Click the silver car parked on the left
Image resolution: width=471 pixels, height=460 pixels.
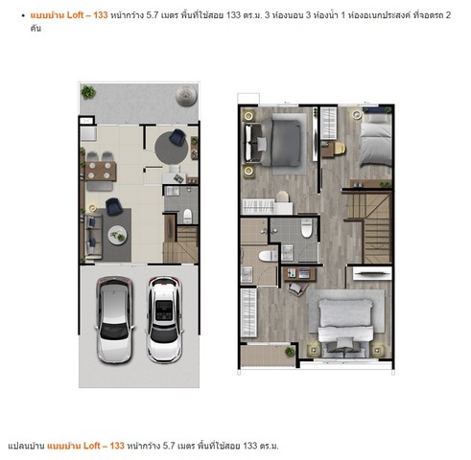pyautogui.click(x=114, y=320)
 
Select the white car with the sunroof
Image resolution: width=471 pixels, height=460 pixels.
pyautogui.click(x=164, y=320)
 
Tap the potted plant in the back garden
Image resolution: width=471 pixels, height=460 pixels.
pyautogui.click(x=88, y=92)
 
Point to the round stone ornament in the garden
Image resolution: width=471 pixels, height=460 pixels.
pyautogui.click(x=186, y=95)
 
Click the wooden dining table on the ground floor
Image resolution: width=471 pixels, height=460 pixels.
pyautogui.click(x=101, y=171)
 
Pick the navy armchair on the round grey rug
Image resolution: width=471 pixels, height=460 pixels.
pyautogui.click(x=177, y=137)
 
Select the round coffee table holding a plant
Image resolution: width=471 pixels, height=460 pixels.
pyautogui.click(x=117, y=235)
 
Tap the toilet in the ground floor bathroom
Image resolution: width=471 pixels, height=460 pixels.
pyautogui.click(x=188, y=216)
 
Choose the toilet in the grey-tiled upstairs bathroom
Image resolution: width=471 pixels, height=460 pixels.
pyautogui.click(x=306, y=227)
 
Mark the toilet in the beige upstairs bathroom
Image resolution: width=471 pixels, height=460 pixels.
pyautogui.click(x=268, y=256)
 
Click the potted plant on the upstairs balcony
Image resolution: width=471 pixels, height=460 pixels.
pyautogui.click(x=290, y=352)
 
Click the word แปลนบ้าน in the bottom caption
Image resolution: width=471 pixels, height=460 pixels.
pyautogui.click(x=26, y=446)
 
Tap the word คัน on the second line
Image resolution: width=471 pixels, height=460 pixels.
pyautogui.click(x=35, y=28)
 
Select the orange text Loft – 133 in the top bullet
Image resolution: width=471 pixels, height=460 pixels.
pyautogui.click(x=87, y=15)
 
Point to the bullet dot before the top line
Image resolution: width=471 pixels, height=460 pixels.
pyautogui.click(x=23, y=15)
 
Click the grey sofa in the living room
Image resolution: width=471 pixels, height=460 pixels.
pyautogui.click(x=93, y=235)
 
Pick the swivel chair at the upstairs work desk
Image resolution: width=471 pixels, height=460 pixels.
pyautogui.click(x=295, y=288)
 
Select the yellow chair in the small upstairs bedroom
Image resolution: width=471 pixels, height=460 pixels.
pyautogui.click(x=340, y=149)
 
